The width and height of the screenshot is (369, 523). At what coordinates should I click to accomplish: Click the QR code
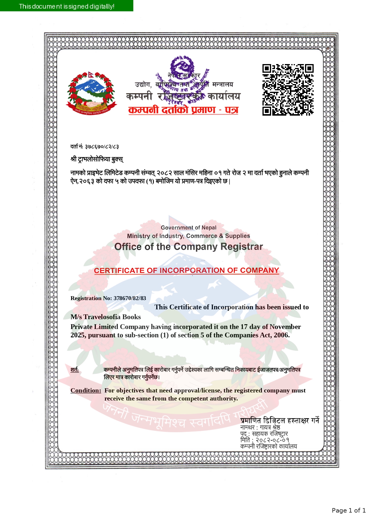click(288, 90)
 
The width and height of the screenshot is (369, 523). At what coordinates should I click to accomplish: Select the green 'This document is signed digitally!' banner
click(67, 6)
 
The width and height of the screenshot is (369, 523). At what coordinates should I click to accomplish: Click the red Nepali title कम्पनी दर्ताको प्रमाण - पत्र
click(183, 110)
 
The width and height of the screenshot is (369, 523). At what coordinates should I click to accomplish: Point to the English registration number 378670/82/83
click(130, 298)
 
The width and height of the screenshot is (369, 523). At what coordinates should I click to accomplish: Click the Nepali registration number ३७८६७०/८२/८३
click(102, 147)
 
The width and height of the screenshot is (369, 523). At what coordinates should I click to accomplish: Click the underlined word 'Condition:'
click(86, 390)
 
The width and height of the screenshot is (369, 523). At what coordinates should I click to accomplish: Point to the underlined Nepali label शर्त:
click(75, 370)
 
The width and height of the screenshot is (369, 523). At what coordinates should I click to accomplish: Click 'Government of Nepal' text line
click(188, 228)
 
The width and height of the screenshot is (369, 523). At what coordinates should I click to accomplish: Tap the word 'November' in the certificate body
click(285, 327)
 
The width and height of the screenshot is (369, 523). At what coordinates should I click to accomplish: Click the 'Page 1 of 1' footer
click(349, 510)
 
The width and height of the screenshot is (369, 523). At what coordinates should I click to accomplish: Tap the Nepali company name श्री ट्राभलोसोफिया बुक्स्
click(97, 159)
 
